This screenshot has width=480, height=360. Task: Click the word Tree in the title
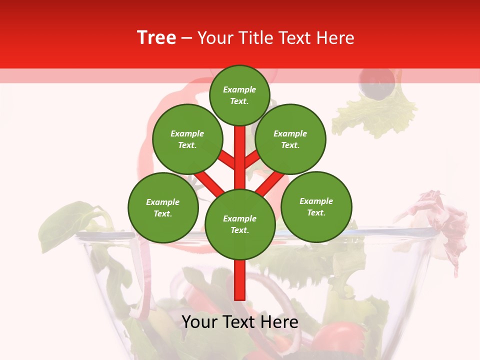pyautogui.click(x=156, y=38)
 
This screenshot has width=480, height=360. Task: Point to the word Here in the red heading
pyautogui.click(x=336, y=38)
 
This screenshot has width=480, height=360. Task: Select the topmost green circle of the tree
pyautogui.click(x=239, y=95)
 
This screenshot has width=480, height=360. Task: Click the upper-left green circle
pyautogui.click(x=187, y=139)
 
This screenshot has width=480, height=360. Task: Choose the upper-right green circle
pyautogui.click(x=290, y=139)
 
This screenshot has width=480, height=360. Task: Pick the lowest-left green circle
pyautogui.click(x=163, y=207)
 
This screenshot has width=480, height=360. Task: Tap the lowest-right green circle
pyautogui.click(x=316, y=206)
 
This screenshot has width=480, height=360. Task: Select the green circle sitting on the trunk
pyautogui.click(x=239, y=224)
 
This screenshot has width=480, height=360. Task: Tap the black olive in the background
pyautogui.click(x=378, y=82)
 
